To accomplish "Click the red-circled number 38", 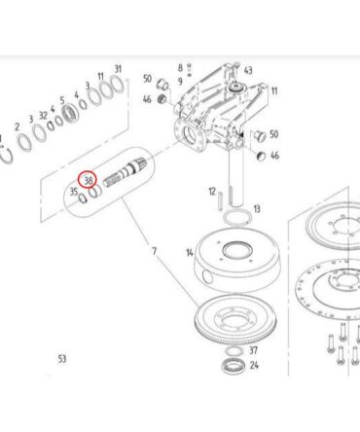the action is (x=89, y=180).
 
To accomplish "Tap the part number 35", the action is (x=74, y=192).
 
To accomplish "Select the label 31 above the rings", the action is (x=118, y=69).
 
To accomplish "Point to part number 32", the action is (x=43, y=115).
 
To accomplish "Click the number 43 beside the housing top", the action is (x=248, y=70).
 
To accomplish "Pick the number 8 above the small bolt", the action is (x=180, y=68).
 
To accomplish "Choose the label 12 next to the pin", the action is (x=212, y=192).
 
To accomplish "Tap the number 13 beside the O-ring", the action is (x=257, y=209).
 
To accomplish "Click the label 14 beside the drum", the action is (x=190, y=252).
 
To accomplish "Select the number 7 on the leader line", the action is (x=154, y=251).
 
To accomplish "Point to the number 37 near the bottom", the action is (x=253, y=350).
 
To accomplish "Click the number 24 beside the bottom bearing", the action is (x=254, y=365).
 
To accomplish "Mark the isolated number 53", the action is (x=62, y=359).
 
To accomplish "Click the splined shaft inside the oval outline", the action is (x=125, y=174).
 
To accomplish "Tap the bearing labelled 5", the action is (x=70, y=114).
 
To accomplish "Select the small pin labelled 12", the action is (x=221, y=201).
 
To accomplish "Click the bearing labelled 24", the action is (x=233, y=367).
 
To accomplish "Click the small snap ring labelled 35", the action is (x=83, y=198).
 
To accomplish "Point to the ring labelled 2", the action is (x=20, y=140).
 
